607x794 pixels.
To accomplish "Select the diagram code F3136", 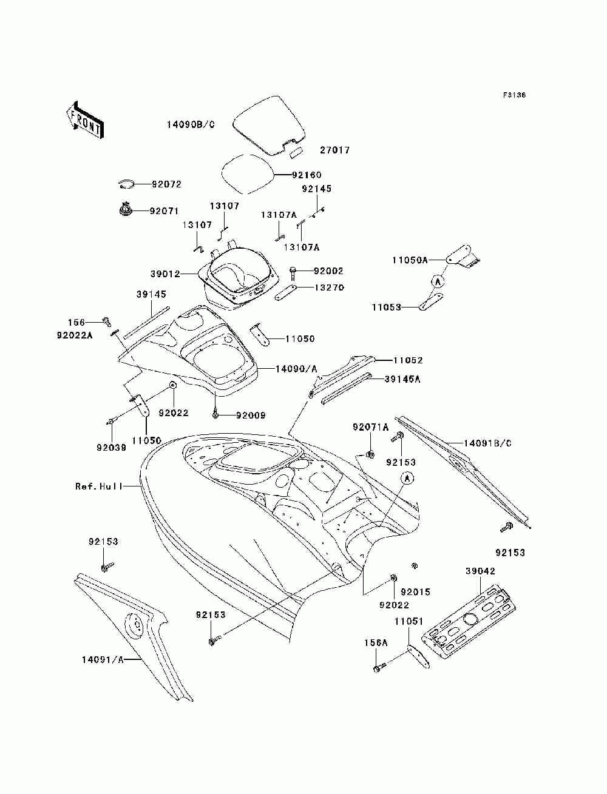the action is point(514,95).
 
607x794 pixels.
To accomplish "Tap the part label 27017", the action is point(335,150).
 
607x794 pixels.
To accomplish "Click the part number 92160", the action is point(307,175).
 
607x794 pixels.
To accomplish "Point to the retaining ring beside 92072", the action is point(126,184).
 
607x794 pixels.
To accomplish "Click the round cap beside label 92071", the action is point(126,209).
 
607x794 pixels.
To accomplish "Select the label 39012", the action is point(165,274).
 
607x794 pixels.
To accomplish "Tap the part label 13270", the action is point(329,288).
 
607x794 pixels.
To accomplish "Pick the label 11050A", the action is point(410,260).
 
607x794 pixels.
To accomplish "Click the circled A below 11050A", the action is point(438,281).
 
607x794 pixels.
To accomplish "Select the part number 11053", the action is point(386,307).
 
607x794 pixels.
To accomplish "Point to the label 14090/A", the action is point(296,369).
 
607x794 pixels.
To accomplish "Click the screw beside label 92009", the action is point(215,414).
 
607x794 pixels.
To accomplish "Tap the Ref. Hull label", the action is point(99,486).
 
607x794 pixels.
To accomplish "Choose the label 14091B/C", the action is point(487,443).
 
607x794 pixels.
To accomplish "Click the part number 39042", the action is point(480,571).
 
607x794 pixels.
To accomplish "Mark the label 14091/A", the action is point(103,660).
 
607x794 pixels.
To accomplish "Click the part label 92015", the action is point(415,592).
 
